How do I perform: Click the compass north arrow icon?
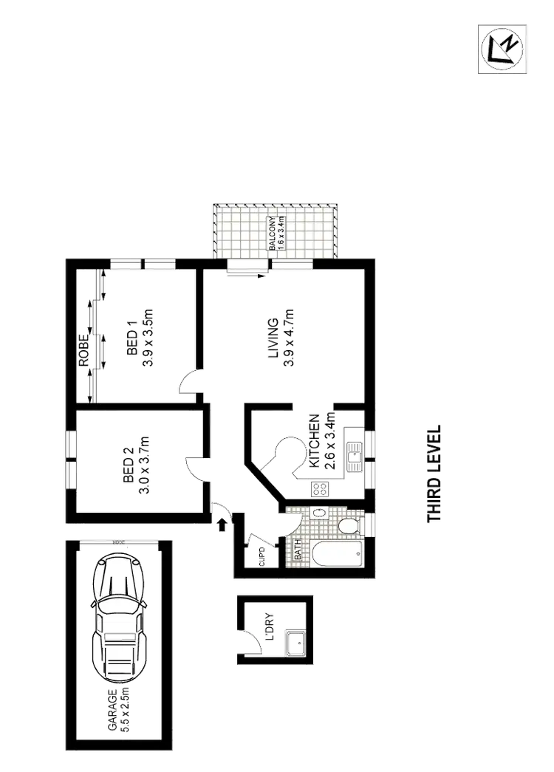click(x=502, y=47)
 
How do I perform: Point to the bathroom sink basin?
click(x=318, y=513)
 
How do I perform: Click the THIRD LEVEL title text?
click(x=434, y=473)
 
